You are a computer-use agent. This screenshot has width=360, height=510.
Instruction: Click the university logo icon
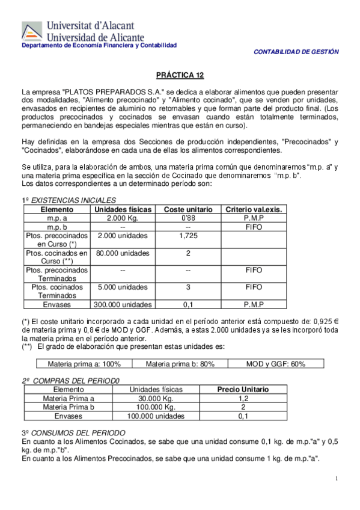[32, 31]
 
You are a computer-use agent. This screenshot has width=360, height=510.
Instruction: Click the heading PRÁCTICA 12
[180, 75]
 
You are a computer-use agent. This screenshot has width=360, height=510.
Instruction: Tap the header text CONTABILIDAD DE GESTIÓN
[296, 52]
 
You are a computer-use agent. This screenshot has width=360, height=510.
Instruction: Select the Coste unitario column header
[188, 209]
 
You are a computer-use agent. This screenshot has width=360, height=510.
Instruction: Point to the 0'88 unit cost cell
[188, 218]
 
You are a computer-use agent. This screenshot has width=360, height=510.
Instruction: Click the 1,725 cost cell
[188, 236]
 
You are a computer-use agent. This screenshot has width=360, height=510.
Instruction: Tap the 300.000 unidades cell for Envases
[123, 304]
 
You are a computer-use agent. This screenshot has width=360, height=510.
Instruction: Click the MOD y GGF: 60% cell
[276, 364]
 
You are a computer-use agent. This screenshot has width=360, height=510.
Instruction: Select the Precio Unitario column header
[243, 390]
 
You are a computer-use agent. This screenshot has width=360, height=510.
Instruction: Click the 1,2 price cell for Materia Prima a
[243, 398]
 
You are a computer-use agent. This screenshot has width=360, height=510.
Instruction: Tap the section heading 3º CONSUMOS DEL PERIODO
[73, 432]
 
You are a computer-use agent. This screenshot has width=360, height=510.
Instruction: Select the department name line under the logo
[99, 46]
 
